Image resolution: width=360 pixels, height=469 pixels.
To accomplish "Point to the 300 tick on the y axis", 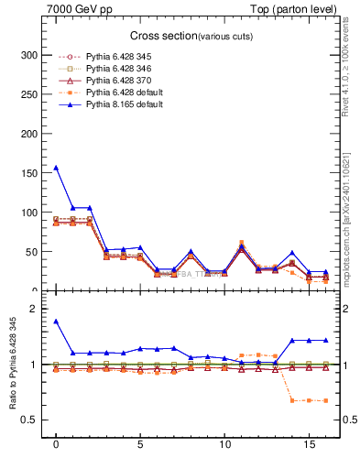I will (x=33, y=55).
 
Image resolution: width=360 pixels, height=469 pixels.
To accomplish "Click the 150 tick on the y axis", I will (x=33, y=173).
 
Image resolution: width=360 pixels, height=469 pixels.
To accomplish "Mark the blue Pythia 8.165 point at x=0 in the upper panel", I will (x=56, y=168).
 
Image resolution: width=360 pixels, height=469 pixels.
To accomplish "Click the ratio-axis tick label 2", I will (x=39, y=309).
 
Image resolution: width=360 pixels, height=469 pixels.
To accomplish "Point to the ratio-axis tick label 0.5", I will (x=36, y=420).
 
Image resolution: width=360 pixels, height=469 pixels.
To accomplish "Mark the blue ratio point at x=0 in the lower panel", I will (x=56, y=322).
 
